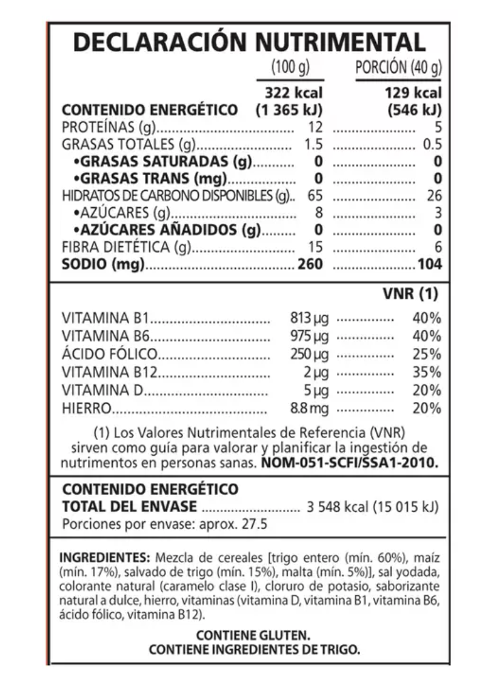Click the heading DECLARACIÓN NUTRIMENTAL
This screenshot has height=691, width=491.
(249, 42)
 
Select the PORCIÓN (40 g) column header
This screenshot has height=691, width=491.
(398, 68)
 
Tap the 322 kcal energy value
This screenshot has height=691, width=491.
(294, 93)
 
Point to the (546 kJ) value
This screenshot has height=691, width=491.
(415, 110)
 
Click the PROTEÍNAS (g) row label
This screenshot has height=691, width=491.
(110, 127)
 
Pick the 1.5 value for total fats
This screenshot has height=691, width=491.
(313, 144)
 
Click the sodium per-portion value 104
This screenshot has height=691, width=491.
(430, 264)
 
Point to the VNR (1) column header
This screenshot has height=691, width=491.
(410, 295)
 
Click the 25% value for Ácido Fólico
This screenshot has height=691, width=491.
(427, 354)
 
